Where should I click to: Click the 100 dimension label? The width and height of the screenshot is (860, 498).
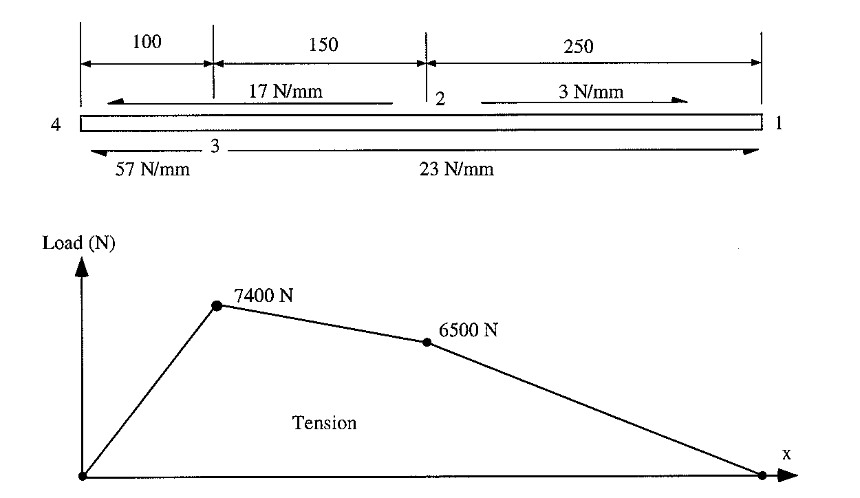coord(147,42)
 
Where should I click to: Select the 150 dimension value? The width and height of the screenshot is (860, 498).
coord(323,45)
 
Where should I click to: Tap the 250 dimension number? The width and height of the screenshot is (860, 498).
coord(578,46)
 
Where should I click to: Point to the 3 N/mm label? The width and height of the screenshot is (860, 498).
coord(591,91)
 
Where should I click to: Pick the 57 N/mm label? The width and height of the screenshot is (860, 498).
coord(153,169)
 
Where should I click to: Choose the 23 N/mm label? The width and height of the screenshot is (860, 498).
coord(457,169)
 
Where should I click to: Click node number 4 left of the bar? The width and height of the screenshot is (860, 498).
coord(56,125)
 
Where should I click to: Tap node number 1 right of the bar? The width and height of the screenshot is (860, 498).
coord(779,124)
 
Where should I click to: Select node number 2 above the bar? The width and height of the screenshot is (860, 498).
coord(440,99)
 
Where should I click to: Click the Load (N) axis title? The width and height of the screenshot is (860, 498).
coord(78,243)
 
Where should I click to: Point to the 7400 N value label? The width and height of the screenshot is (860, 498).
coord(264,296)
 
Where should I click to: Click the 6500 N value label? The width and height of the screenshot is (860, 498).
coord(469,330)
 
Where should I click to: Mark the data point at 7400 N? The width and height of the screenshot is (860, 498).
coord(217,305)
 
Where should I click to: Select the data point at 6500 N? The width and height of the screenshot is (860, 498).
coord(427,342)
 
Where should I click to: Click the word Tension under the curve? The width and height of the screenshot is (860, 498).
coord(325,422)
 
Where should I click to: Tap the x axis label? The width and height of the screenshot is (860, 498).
coord(786,454)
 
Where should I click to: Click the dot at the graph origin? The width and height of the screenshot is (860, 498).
coord(83,475)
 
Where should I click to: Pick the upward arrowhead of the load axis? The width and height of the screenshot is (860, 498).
coord(82,266)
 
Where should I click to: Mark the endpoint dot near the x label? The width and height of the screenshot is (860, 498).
coord(762,475)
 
